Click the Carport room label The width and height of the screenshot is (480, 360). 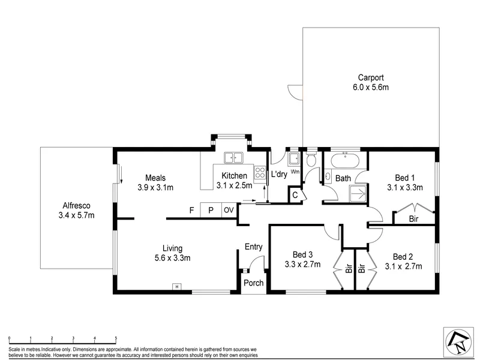[371, 77]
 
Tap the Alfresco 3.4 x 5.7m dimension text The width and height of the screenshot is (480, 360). [77, 215]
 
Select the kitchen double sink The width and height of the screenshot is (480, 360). [233, 158]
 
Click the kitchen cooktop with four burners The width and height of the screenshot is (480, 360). [260, 172]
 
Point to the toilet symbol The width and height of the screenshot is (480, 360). [312, 158]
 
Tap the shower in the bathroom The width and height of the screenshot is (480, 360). [358, 193]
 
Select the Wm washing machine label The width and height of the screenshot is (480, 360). [295, 172]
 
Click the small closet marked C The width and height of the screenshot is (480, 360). [295, 194]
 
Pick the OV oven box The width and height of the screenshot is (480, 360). [229, 210]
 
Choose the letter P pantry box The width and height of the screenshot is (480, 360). [211, 210]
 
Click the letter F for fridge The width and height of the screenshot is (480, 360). [191, 211]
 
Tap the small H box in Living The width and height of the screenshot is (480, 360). [176, 287]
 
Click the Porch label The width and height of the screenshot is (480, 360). [253, 283]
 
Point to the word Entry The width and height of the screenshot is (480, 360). [253, 247]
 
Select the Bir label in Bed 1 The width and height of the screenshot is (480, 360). [413, 219]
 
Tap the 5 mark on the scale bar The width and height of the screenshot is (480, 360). [116, 338]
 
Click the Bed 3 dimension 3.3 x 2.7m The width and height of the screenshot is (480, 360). [302, 264]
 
